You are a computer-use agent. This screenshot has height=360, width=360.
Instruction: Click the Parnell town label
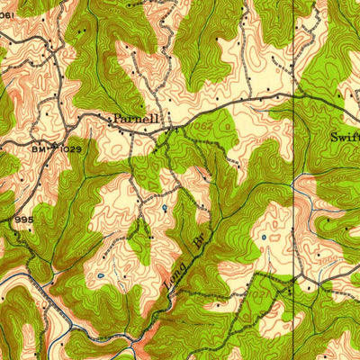(135, 118)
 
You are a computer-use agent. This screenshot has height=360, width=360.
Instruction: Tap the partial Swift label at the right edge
(345, 138)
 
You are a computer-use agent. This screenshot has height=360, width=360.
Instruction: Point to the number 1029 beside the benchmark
(72, 147)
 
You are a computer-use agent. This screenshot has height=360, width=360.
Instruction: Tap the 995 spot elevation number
(22, 219)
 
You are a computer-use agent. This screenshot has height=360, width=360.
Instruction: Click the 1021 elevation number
(261, 294)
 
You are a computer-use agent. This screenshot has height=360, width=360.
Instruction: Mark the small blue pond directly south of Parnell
(165, 209)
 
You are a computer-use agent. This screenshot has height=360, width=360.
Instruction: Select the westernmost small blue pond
(103, 275)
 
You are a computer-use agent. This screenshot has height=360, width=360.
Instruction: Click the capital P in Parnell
(115, 118)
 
